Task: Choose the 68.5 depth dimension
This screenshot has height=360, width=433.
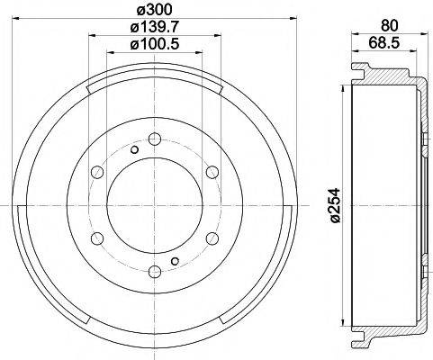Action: [386, 42]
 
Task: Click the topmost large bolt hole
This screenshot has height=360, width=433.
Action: [154, 139]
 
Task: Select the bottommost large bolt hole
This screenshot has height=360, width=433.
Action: [154, 271]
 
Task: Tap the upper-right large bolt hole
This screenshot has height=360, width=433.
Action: [212, 172]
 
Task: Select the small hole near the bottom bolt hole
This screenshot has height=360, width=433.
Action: [175, 261]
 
